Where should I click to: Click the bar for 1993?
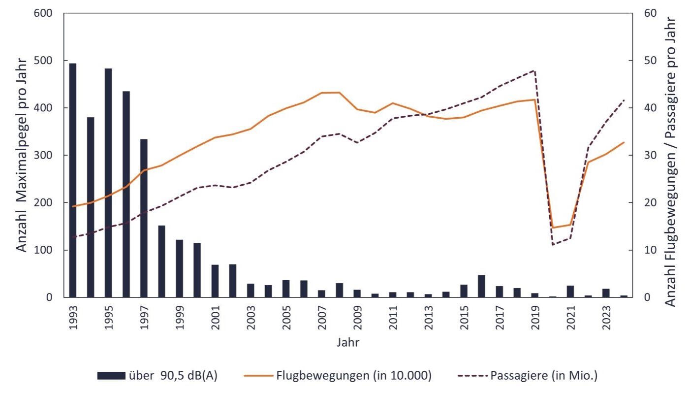pos(73,180)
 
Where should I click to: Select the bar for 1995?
pos(108,183)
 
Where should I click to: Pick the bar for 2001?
pos(215,281)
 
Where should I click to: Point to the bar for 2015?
pos(464,291)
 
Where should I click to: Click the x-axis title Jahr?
pos(348,342)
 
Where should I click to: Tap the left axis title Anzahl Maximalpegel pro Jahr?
pos(22,155)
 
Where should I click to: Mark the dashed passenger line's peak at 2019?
pos(534,70)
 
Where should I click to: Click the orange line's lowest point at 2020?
pos(553,228)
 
